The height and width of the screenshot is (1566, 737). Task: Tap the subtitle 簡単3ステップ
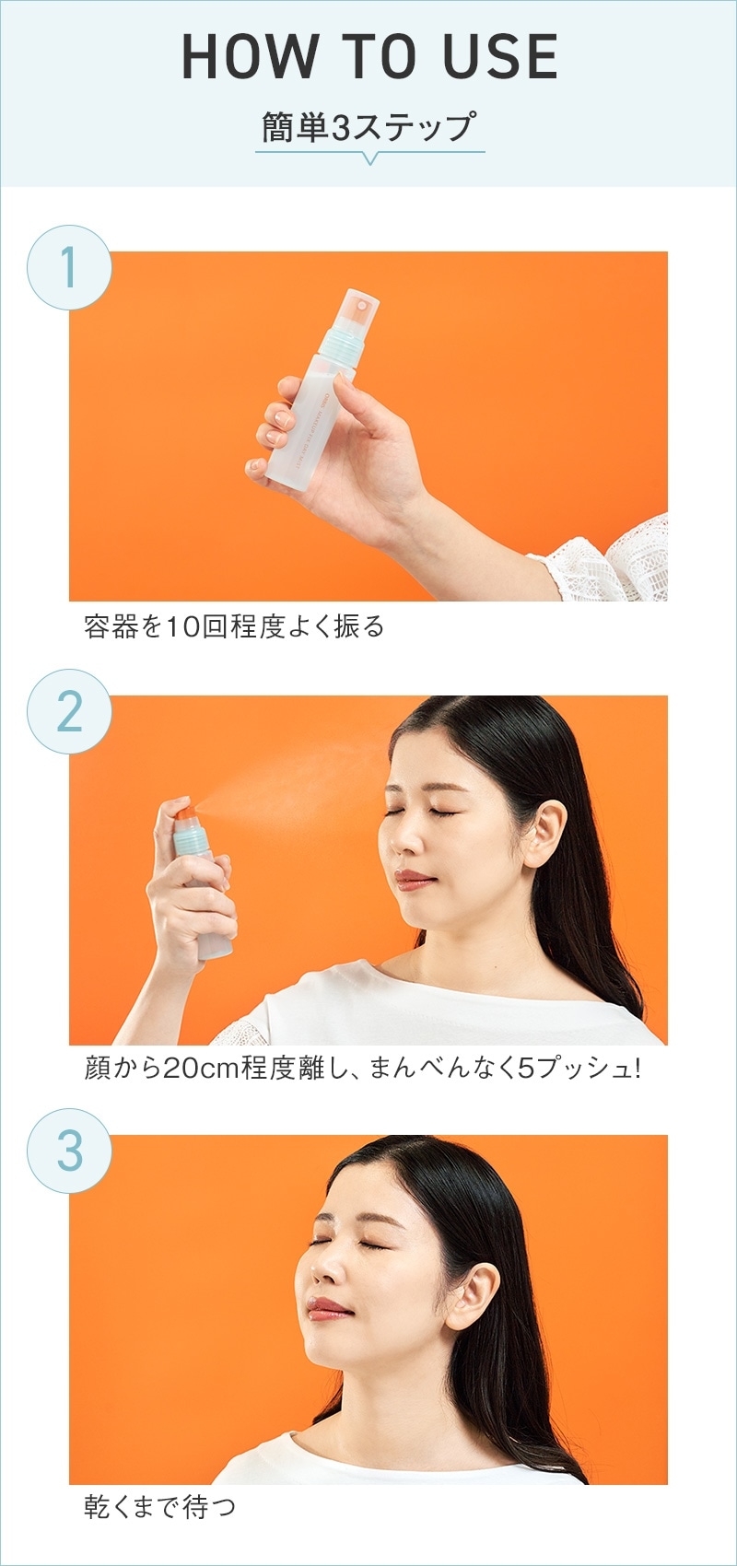click(x=369, y=126)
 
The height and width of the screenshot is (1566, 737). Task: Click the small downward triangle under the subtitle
click(x=370, y=158)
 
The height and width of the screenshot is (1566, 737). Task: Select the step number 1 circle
click(x=69, y=267)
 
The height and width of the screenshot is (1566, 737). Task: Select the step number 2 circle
click(x=69, y=711)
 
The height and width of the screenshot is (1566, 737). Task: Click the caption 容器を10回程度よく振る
click(x=234, y=626)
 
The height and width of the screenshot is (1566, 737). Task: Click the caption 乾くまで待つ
click(x=159, y=1506)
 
